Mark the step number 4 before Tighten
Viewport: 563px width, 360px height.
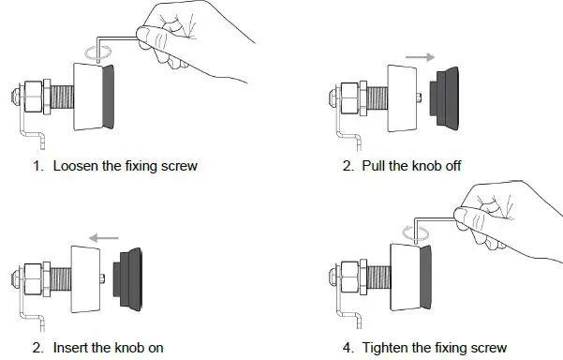coord(348,347)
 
